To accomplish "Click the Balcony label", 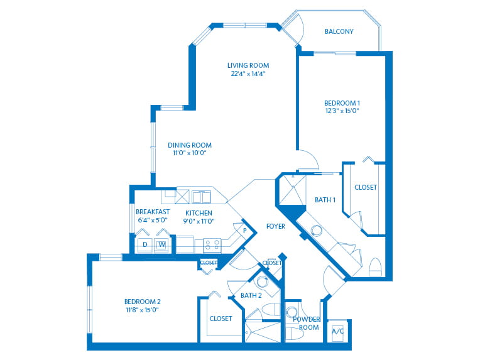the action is [339, 31].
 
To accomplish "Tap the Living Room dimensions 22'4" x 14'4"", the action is [248, 74].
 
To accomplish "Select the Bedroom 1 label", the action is [342, 103].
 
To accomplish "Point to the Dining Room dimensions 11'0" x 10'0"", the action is [190, 153].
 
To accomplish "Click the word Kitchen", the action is [199, 213].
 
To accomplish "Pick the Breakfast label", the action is [153, 212].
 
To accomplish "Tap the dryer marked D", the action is [145, 244].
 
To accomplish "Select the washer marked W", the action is [161, 244].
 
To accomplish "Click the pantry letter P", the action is [245, 231].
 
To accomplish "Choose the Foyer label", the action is [276, 226].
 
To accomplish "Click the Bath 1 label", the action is [325, 200].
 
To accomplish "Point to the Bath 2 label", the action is [251, 295].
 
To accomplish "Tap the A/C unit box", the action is [338, 331].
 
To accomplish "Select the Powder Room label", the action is [307, 324].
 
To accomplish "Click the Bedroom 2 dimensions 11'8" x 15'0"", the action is [142, 310].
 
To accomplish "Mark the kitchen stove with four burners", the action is [212, 245].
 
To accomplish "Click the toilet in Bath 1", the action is [375, 267].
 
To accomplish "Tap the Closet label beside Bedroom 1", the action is [366, 187].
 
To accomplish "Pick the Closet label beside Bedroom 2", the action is [221, 319].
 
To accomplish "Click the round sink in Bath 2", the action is [263, 281].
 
